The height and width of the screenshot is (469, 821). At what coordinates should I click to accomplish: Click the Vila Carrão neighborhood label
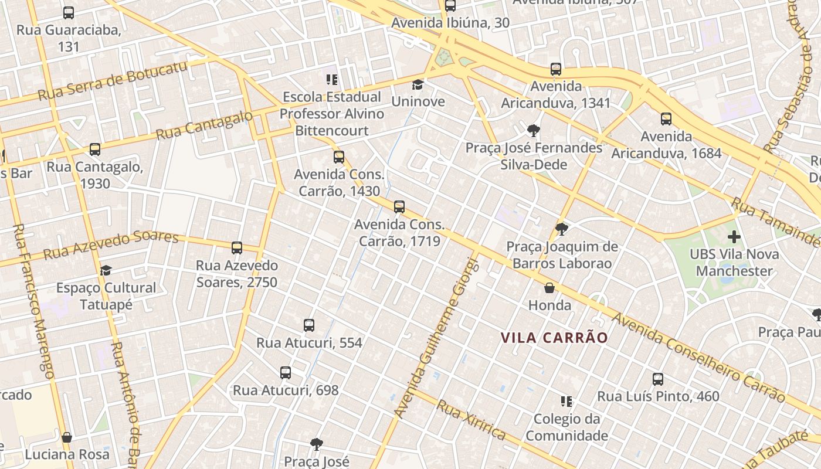[x=554, y=338]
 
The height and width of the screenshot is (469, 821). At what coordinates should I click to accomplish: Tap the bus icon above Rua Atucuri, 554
[x=309, y=325]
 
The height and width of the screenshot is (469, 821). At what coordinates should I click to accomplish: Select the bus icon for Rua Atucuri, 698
[x=286, y=373]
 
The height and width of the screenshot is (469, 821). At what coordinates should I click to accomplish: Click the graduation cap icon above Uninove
[x=418, y=85]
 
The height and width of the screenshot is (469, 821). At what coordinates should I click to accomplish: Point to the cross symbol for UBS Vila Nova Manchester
[x=734, y=237]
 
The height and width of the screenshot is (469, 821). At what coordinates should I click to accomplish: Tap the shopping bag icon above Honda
[x=549, y=288]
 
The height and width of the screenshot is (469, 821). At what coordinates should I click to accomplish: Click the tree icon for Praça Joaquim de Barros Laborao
[x=562, y=229]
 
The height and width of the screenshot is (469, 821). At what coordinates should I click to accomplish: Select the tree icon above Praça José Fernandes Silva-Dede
[x=534, y=130]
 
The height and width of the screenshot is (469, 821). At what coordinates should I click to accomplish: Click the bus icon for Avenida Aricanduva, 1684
[x=666, y=119]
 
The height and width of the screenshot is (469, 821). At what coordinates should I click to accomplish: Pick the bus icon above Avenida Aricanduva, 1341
[x=556, y=69]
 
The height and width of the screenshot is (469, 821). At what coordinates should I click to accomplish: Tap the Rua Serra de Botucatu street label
[x=113, y=80]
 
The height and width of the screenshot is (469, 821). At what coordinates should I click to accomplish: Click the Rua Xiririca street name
[x=471, y=420]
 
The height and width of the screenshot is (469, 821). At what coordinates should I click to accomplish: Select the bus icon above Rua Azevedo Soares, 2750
[x=237, y=248]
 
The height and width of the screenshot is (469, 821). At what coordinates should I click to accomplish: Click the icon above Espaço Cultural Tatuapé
[x=106, y=270]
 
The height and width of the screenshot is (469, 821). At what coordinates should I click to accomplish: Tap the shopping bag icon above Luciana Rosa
[x=67, y=437]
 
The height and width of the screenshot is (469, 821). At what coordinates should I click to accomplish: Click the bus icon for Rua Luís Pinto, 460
[x=658, y=379]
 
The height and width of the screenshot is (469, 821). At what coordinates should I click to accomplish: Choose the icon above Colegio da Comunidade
[x=566, y=402]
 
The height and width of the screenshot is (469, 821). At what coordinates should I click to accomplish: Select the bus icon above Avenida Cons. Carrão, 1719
[x=399, y=207]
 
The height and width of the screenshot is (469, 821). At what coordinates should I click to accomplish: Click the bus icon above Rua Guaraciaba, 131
[x=69, y=12]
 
